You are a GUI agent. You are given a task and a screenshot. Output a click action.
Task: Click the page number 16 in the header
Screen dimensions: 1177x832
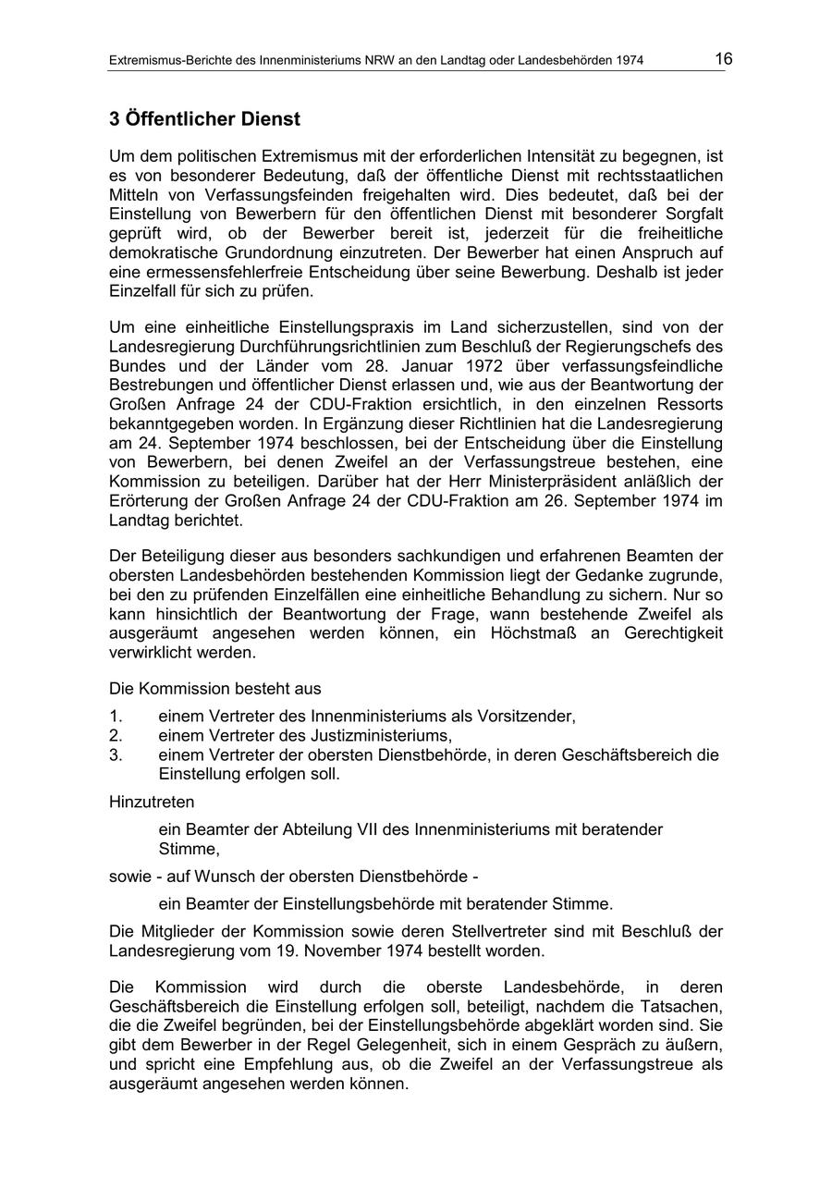tap(723, 59)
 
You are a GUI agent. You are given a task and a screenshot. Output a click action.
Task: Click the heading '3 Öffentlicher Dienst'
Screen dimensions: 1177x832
tap(204, 119)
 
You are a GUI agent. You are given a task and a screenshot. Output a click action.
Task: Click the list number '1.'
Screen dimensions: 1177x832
tap(116, 717)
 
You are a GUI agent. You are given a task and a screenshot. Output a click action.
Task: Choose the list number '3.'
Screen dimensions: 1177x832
tap(116, 755)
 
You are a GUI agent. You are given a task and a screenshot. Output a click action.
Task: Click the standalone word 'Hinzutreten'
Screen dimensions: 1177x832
tap(152, 802)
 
